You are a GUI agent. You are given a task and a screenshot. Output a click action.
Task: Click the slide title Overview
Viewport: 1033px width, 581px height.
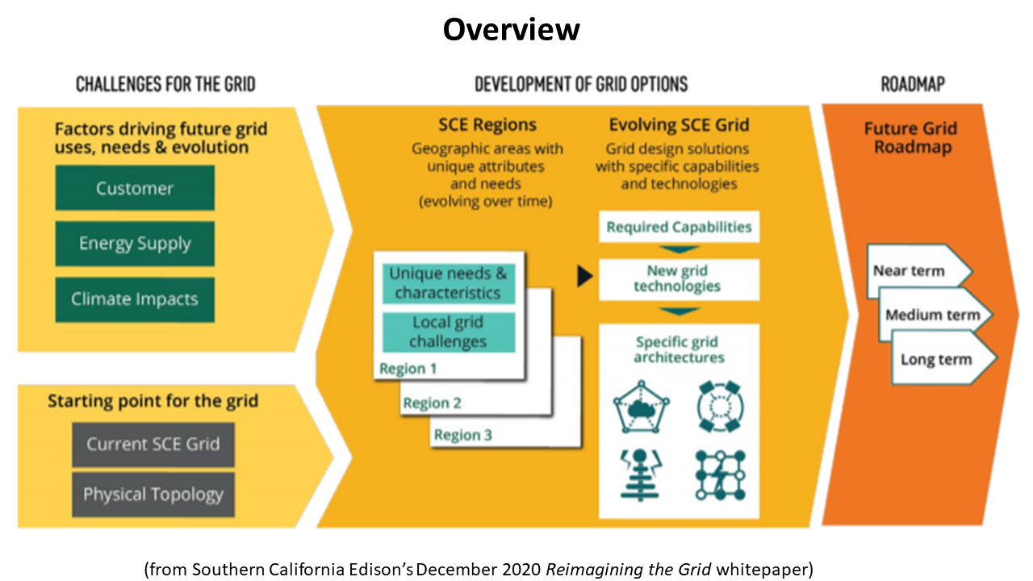coord(511,30)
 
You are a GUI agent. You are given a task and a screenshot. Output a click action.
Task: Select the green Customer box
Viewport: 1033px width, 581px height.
coord(135,188)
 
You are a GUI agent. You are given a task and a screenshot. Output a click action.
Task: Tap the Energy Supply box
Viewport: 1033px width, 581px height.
coord(135,244)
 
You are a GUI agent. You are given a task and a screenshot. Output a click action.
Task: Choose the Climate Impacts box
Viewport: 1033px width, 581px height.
coord(135,299)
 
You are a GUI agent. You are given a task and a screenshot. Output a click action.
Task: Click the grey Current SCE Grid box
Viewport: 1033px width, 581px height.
coord(153,445)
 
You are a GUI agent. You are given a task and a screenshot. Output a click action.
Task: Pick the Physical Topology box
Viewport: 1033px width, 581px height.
coord(153,495)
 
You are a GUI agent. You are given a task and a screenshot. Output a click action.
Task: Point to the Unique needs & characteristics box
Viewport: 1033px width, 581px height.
coord(448,283)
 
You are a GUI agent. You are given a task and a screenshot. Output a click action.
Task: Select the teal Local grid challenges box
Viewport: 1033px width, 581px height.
coord(448,332)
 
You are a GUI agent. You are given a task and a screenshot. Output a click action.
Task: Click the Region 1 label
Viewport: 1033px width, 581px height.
coord(408,369)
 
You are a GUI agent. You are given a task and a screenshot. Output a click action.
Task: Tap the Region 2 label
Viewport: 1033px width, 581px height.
coord(433,403)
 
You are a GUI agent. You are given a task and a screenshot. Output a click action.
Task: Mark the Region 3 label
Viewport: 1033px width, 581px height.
coord(462,436)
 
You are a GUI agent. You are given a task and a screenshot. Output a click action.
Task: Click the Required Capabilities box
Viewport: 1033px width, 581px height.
coord(679,227)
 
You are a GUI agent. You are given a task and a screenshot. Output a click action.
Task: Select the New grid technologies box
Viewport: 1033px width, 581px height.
coord(679,278)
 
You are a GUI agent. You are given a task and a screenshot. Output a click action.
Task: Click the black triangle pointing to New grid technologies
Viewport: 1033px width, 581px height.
coord(584,276)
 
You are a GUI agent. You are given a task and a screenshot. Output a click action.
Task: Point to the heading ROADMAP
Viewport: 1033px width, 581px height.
coord(913,84)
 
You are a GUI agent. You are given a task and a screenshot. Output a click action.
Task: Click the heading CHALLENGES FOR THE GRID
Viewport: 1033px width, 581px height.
coord(165,84)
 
